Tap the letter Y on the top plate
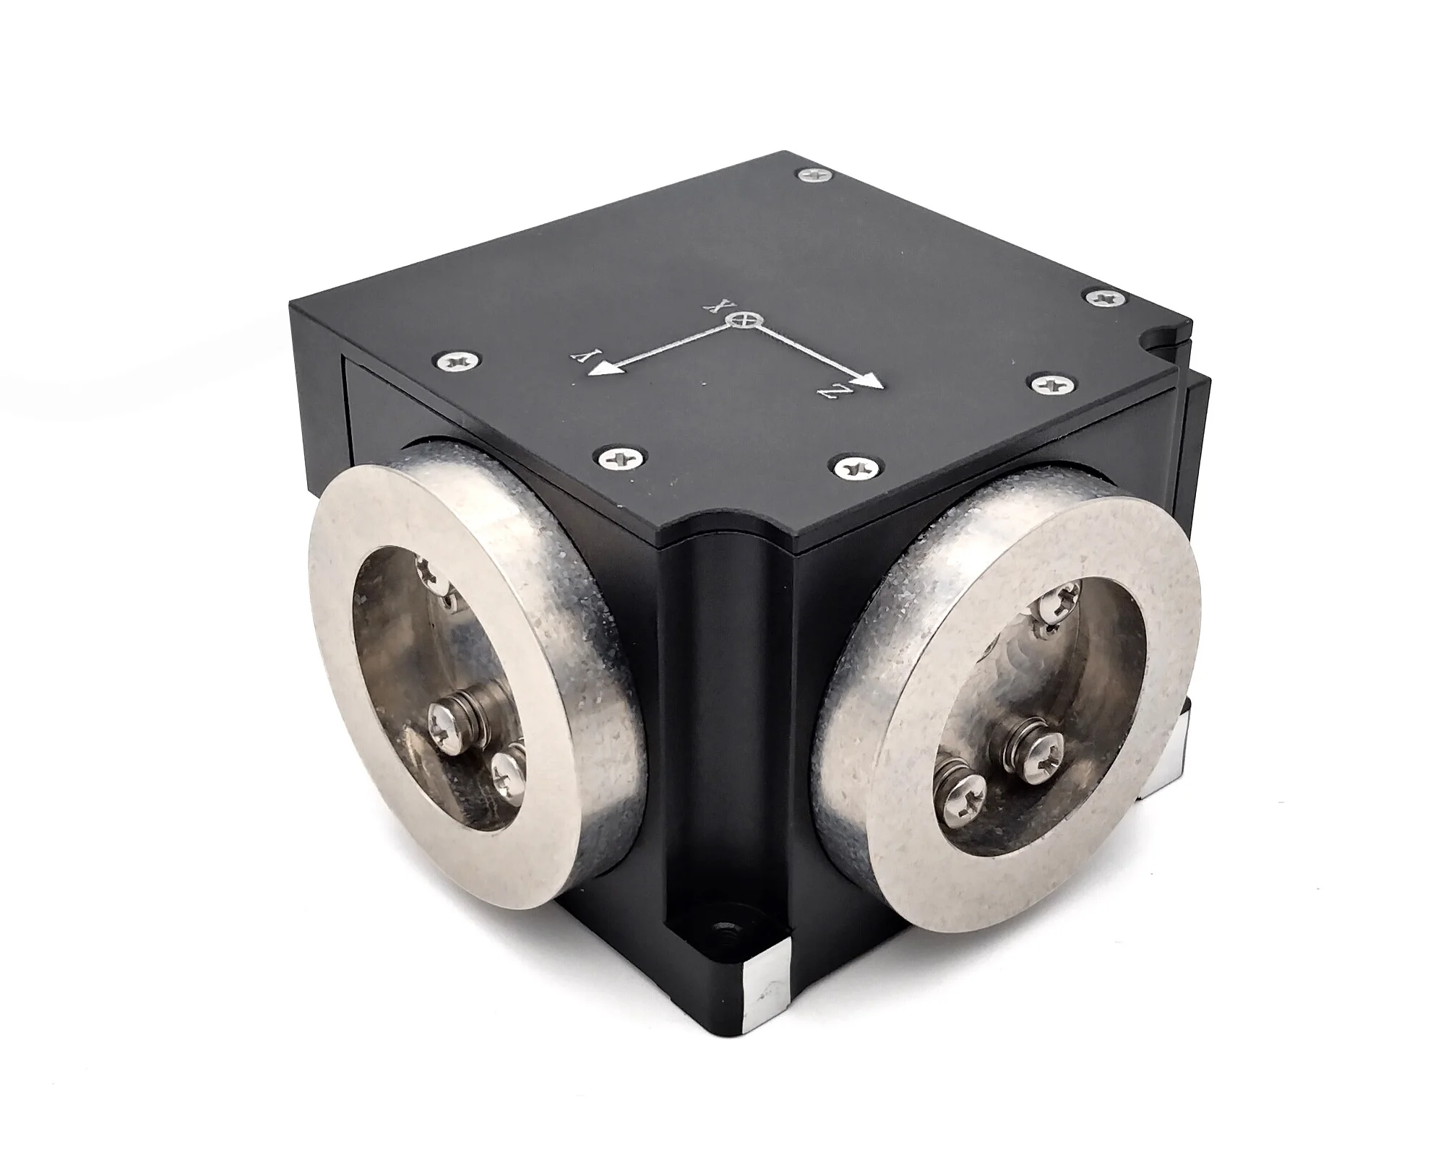tap(583, 354)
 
